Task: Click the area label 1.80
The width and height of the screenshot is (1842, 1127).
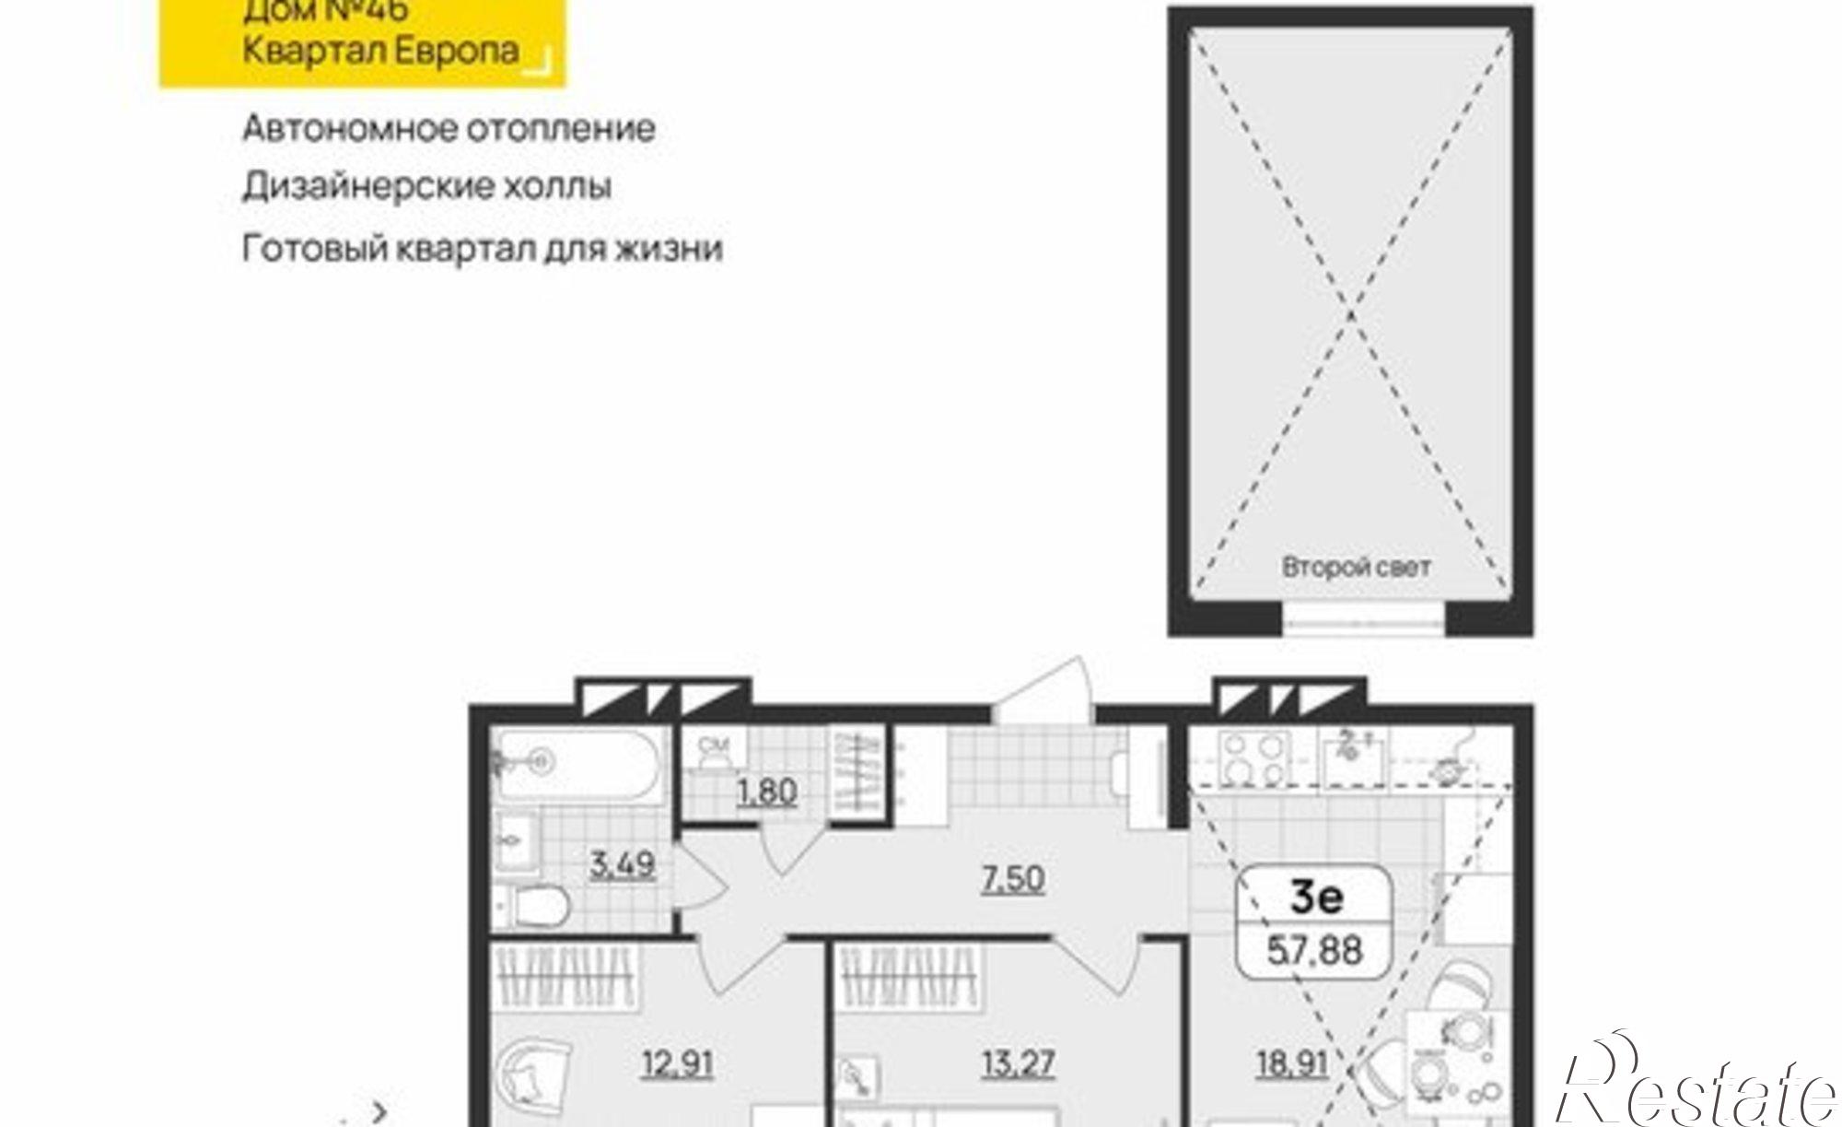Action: pyautogui.click(x=766, y=792)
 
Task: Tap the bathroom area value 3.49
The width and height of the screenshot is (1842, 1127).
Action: pyautogui.click(x=623, y=864)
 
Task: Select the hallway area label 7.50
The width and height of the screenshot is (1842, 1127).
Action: pyautogui.click(x=1013, y=878)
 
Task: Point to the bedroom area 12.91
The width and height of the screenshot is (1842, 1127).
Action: pyautogui.click(x=678, y=1064)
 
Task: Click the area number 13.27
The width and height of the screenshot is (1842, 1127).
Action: pyautogui.click(x=1018, y=1063)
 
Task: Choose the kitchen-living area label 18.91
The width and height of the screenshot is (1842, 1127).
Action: pyautogui.click(x=1291, y=1064)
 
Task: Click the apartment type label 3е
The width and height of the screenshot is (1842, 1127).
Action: pyautogui.click(x=1316, y=897)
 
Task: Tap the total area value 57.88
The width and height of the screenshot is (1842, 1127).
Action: pyautogui.click(x=1314, y=949)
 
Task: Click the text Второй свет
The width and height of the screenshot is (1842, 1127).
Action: pyautogui.click(x=1356, y=567)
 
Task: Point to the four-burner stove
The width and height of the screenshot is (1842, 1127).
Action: pyautogui.click(x=1253, y=758)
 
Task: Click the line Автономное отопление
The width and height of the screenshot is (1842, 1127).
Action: pyautogui.click(x=449, y=128)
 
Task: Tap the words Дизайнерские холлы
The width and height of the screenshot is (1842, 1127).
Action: pyautogui.click(x=426, y=187)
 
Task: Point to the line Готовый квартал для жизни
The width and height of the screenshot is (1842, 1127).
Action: pyautogui.click(x=482, y=249)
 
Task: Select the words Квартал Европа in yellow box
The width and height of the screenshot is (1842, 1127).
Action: pyautogui.click(x=380, y=50)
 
